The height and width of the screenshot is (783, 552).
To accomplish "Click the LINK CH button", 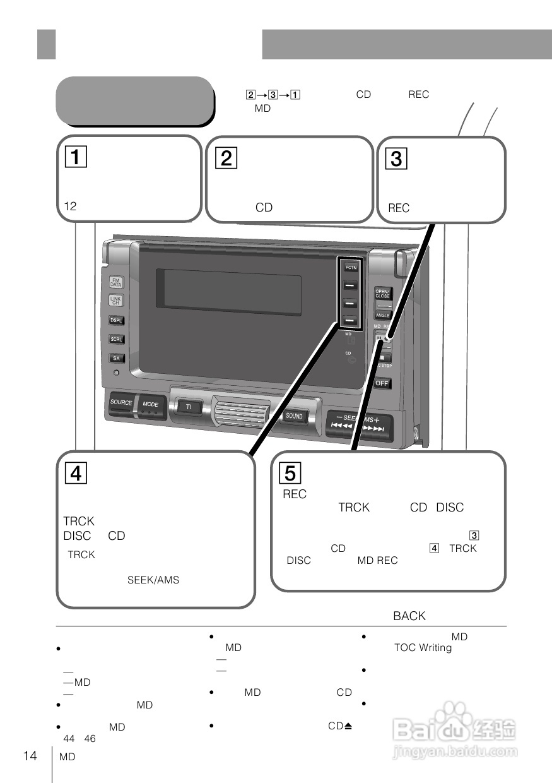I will [x=117, y=301].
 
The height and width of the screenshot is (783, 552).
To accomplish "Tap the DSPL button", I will [x=117, y=320].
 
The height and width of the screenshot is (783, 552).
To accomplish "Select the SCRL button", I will [x=117, y=339].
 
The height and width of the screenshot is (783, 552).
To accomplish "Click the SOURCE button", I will [x=121, y=403].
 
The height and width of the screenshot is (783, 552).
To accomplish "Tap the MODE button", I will [x=151, y=404].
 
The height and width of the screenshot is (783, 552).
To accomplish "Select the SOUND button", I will [x=294, y=416].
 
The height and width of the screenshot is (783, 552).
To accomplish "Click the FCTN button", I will [x=350, y=268].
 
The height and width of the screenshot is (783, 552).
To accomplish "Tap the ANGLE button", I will [x=383, y=314].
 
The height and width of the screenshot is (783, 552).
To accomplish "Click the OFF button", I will [x=382, y=383].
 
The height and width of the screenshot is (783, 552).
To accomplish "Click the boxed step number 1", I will [x=74, y=156].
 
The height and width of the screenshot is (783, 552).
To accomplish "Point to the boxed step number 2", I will [x=226, y=157].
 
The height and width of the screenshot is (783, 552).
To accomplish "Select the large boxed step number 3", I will [x=396, y=158].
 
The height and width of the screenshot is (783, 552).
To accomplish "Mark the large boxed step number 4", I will [x=74, y=473].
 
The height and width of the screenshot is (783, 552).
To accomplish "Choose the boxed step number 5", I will [x=290, y=472].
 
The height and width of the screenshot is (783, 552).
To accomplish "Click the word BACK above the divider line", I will [x=409, y=616].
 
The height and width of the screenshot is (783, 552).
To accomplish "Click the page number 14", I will [x=30, y=756].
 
